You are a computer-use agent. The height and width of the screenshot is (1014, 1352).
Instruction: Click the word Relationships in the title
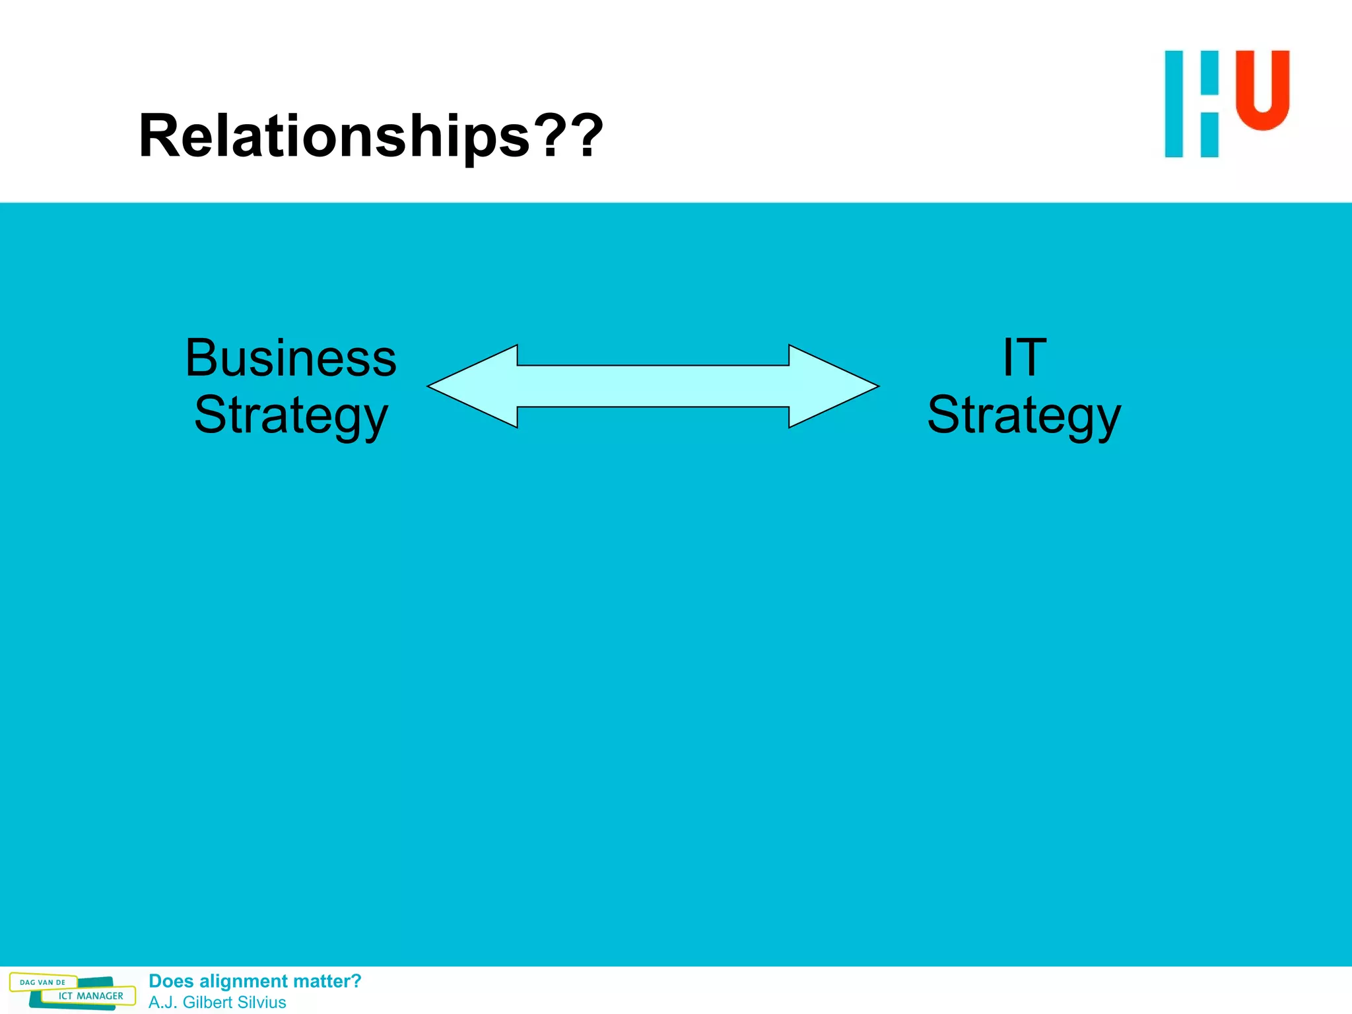334,136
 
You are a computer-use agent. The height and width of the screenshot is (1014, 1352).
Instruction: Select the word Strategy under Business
290,416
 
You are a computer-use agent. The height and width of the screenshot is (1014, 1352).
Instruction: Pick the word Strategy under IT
1024,416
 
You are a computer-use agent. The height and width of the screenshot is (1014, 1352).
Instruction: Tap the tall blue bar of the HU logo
1174,104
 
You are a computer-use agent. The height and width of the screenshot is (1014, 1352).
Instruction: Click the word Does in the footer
171,982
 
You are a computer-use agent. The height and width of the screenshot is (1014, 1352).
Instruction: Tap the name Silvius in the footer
261,1002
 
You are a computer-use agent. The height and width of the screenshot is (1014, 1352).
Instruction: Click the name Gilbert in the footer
207,1002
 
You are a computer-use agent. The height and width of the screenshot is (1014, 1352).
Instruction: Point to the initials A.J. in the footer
162,1002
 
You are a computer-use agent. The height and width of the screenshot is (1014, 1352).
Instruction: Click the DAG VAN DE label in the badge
43,982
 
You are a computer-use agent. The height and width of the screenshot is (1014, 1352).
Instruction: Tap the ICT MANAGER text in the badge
90,996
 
